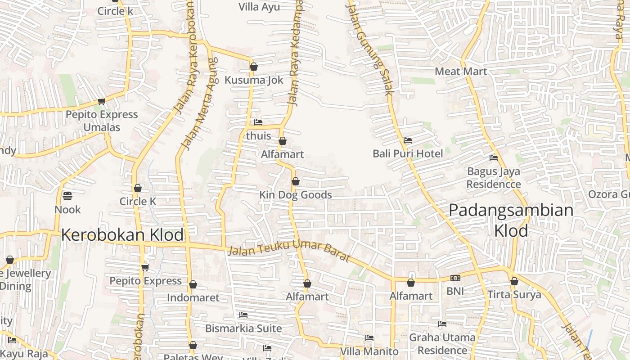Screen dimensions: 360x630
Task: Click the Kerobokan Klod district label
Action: [x=122, y=235]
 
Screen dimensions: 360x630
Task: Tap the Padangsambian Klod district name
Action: [x=511, y=220]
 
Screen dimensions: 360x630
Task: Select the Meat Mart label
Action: [x=461, y=72]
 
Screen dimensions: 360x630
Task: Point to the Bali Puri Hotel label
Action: [x=408, y=153]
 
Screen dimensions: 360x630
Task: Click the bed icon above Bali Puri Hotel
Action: [x=408, y=140]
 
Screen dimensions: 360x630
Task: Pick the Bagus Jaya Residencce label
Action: [x=494, y=178]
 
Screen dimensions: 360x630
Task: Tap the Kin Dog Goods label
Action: [x=296, y=195]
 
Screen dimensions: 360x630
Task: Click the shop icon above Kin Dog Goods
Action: [x=296, y=181]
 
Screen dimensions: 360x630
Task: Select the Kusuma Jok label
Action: [x=254, y=80]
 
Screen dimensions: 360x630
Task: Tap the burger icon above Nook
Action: [x=67, y=196]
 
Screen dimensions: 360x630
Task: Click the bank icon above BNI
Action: [x=455, y=278]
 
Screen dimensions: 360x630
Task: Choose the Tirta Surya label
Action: [x=514, y=295]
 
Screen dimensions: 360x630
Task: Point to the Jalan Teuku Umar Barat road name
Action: [x=289, y=250]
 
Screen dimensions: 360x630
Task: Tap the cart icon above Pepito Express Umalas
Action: [x=102, y=101]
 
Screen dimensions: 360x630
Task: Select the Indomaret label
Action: [x=193, y=297]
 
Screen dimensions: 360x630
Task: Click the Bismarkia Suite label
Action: [x=243, y=328]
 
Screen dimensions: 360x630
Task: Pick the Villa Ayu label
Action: [x=259, y=7]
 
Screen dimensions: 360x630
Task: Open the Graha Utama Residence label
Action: [x=442, y=344]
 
